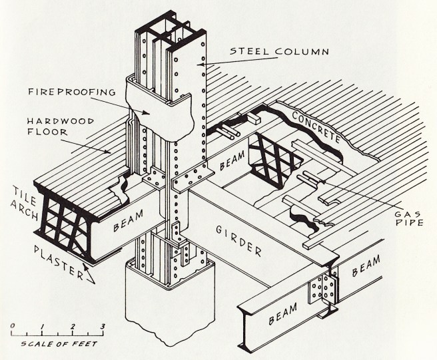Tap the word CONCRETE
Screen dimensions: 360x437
[x=315, y=130]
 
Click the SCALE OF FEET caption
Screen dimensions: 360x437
[x=59, y=344]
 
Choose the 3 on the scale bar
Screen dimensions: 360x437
[x=102, y=325]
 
